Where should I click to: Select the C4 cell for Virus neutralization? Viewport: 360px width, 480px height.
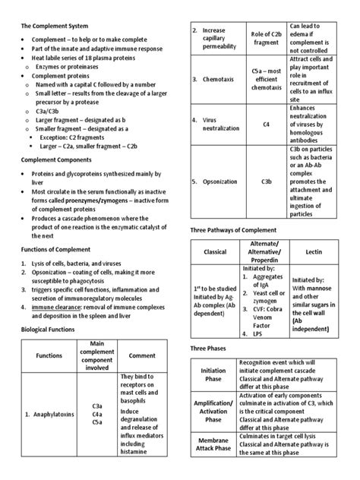click(x=266, y=124)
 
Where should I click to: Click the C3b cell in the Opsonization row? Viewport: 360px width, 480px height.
click(x=266, y=182)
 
